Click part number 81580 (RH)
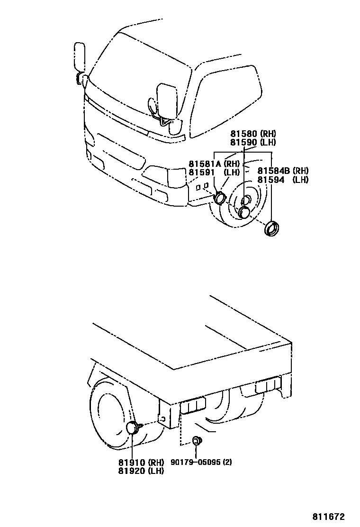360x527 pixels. click(253, 134)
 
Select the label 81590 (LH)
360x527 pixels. click(253, 142)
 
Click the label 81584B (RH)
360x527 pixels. click(283, 171)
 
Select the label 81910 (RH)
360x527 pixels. click(141, 463)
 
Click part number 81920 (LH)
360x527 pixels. click(141, 471)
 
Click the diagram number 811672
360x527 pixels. click(328, 517)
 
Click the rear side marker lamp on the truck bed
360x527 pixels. click(133, 428)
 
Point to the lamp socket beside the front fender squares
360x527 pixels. click(219, 198)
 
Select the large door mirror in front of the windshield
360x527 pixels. click(165, 101)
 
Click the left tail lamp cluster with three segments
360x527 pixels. click(193, 406)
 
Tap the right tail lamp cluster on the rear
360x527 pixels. click(268, 386)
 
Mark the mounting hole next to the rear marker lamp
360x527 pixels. click(163, 418)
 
